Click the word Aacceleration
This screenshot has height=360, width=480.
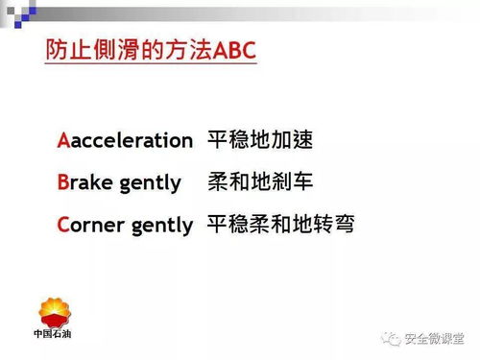click(x=125, y=141)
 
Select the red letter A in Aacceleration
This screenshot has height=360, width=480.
click(x=63, y=141)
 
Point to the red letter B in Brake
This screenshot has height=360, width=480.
click(x=63, y=182)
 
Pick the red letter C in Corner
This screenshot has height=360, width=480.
click(x=63, y=225)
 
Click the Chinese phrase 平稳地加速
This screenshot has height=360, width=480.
click(x=260, y=140)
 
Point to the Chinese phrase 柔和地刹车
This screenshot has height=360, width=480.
click(x=260, y=182)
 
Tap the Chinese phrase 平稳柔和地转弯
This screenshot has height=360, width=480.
click(x=281, y=225)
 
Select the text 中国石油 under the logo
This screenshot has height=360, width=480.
click(x=55, y=335)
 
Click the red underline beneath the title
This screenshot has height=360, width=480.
click(x=151, y=68)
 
